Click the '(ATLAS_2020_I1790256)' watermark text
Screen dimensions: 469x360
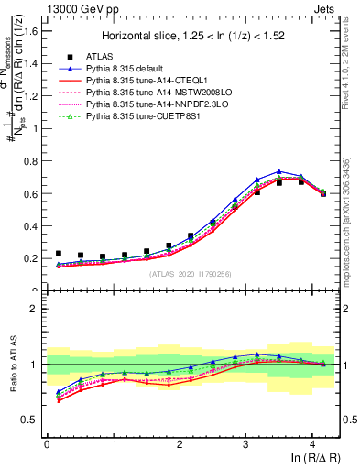click(191, 274)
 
